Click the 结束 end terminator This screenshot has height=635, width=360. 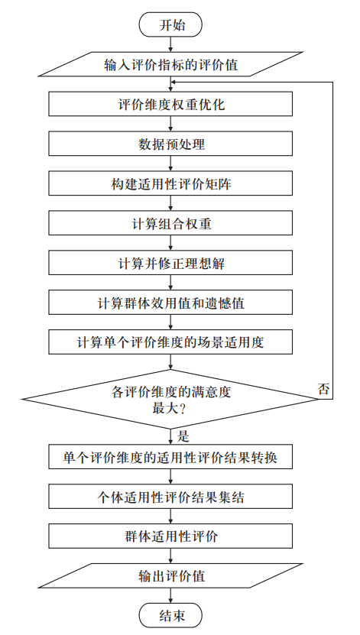tap(171, 616)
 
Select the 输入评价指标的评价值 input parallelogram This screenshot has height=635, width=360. tap(171, 64)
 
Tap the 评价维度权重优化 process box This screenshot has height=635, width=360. tap(171, 105)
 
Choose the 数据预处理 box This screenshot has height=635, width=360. tap(171, 144)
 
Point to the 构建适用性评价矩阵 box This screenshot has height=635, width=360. tap(171, 183)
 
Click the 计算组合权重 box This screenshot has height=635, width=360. tap(171, 223)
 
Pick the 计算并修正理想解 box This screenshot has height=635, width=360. tap(171, 263)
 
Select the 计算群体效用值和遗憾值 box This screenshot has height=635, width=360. tap(171, 302)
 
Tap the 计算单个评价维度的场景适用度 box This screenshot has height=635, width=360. tap(171, 342)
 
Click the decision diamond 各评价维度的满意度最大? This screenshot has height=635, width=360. tap(171, 398)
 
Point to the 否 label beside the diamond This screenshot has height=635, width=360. tap(324, 388)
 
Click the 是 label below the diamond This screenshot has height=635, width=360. tap(183, 437)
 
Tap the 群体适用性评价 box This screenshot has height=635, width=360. tap(171, 536)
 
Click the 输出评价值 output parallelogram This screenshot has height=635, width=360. tap(171, 576)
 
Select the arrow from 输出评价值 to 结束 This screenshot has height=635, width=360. tap(171, 596)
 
